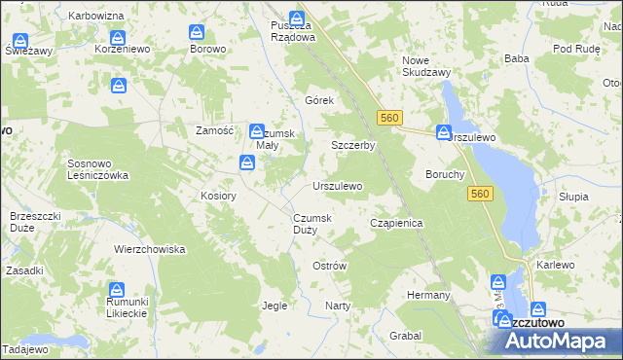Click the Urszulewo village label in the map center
pos(337,186)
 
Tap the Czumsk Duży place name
pos(312,224)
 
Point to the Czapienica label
pos(396,223)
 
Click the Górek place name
pos(319,101)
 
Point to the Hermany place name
pos(428,295)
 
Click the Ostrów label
pos(329,266)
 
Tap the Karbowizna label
pos(96,18)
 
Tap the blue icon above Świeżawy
pos(20,42)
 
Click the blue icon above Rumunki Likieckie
pos(117,290)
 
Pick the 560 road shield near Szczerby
pos(389,118)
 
